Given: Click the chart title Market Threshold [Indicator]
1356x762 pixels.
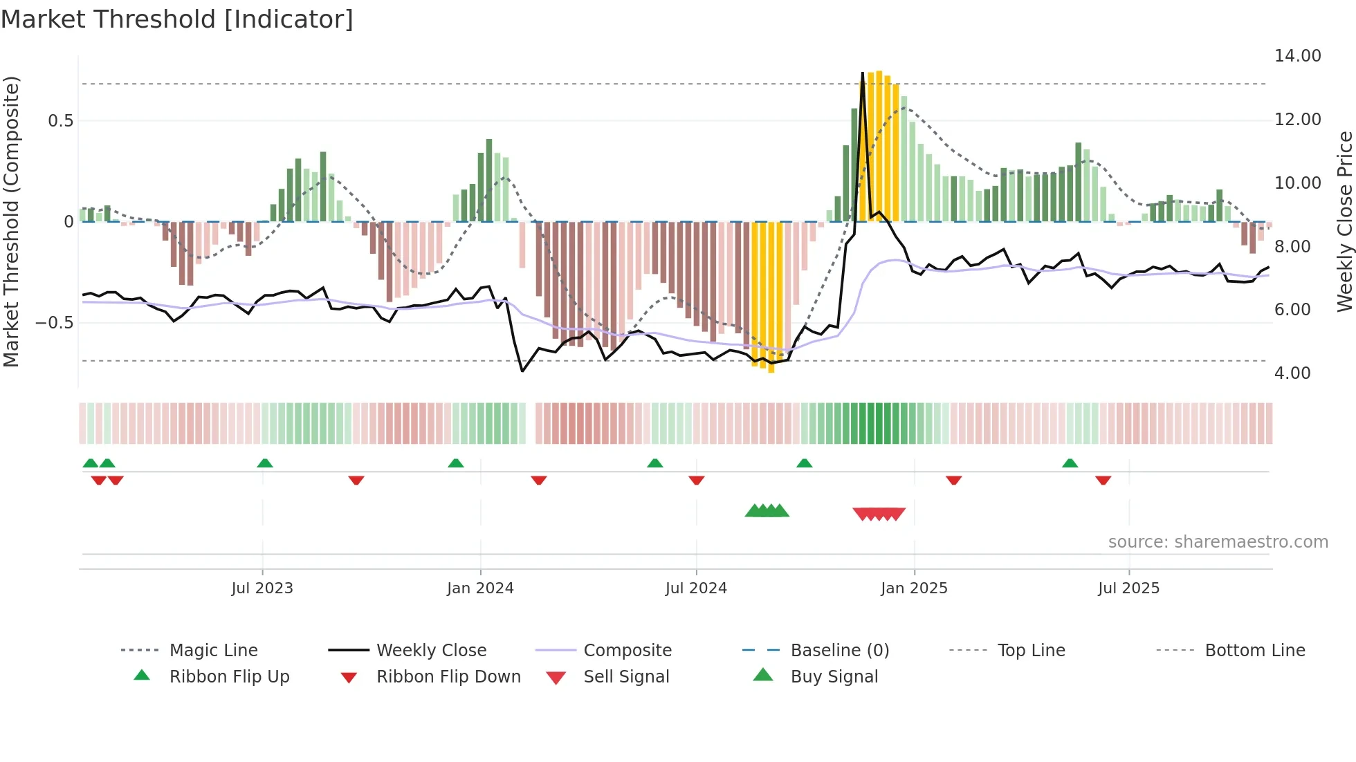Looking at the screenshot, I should click(177, 19).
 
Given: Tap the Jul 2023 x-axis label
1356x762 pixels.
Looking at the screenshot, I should click(262, 588).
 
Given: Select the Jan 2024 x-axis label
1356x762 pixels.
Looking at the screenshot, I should click(480, 588).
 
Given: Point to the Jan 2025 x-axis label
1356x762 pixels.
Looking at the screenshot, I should click(914, 588).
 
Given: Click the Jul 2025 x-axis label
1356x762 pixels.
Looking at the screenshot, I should click(1128, 588).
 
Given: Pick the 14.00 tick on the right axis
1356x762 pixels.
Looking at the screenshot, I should click(1297, 56).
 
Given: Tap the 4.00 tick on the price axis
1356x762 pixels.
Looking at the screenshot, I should click(1292, 373).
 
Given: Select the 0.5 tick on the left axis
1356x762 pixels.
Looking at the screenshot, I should click(60, 121).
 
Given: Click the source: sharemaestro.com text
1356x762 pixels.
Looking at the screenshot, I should click(1218, 542).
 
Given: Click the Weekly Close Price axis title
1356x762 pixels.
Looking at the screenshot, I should click(1344, 221).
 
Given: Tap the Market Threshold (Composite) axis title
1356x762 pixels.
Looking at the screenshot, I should click(11, 221).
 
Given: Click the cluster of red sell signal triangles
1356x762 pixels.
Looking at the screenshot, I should click(879, 514).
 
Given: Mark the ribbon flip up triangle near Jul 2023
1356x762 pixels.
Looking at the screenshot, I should click(265, 463).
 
